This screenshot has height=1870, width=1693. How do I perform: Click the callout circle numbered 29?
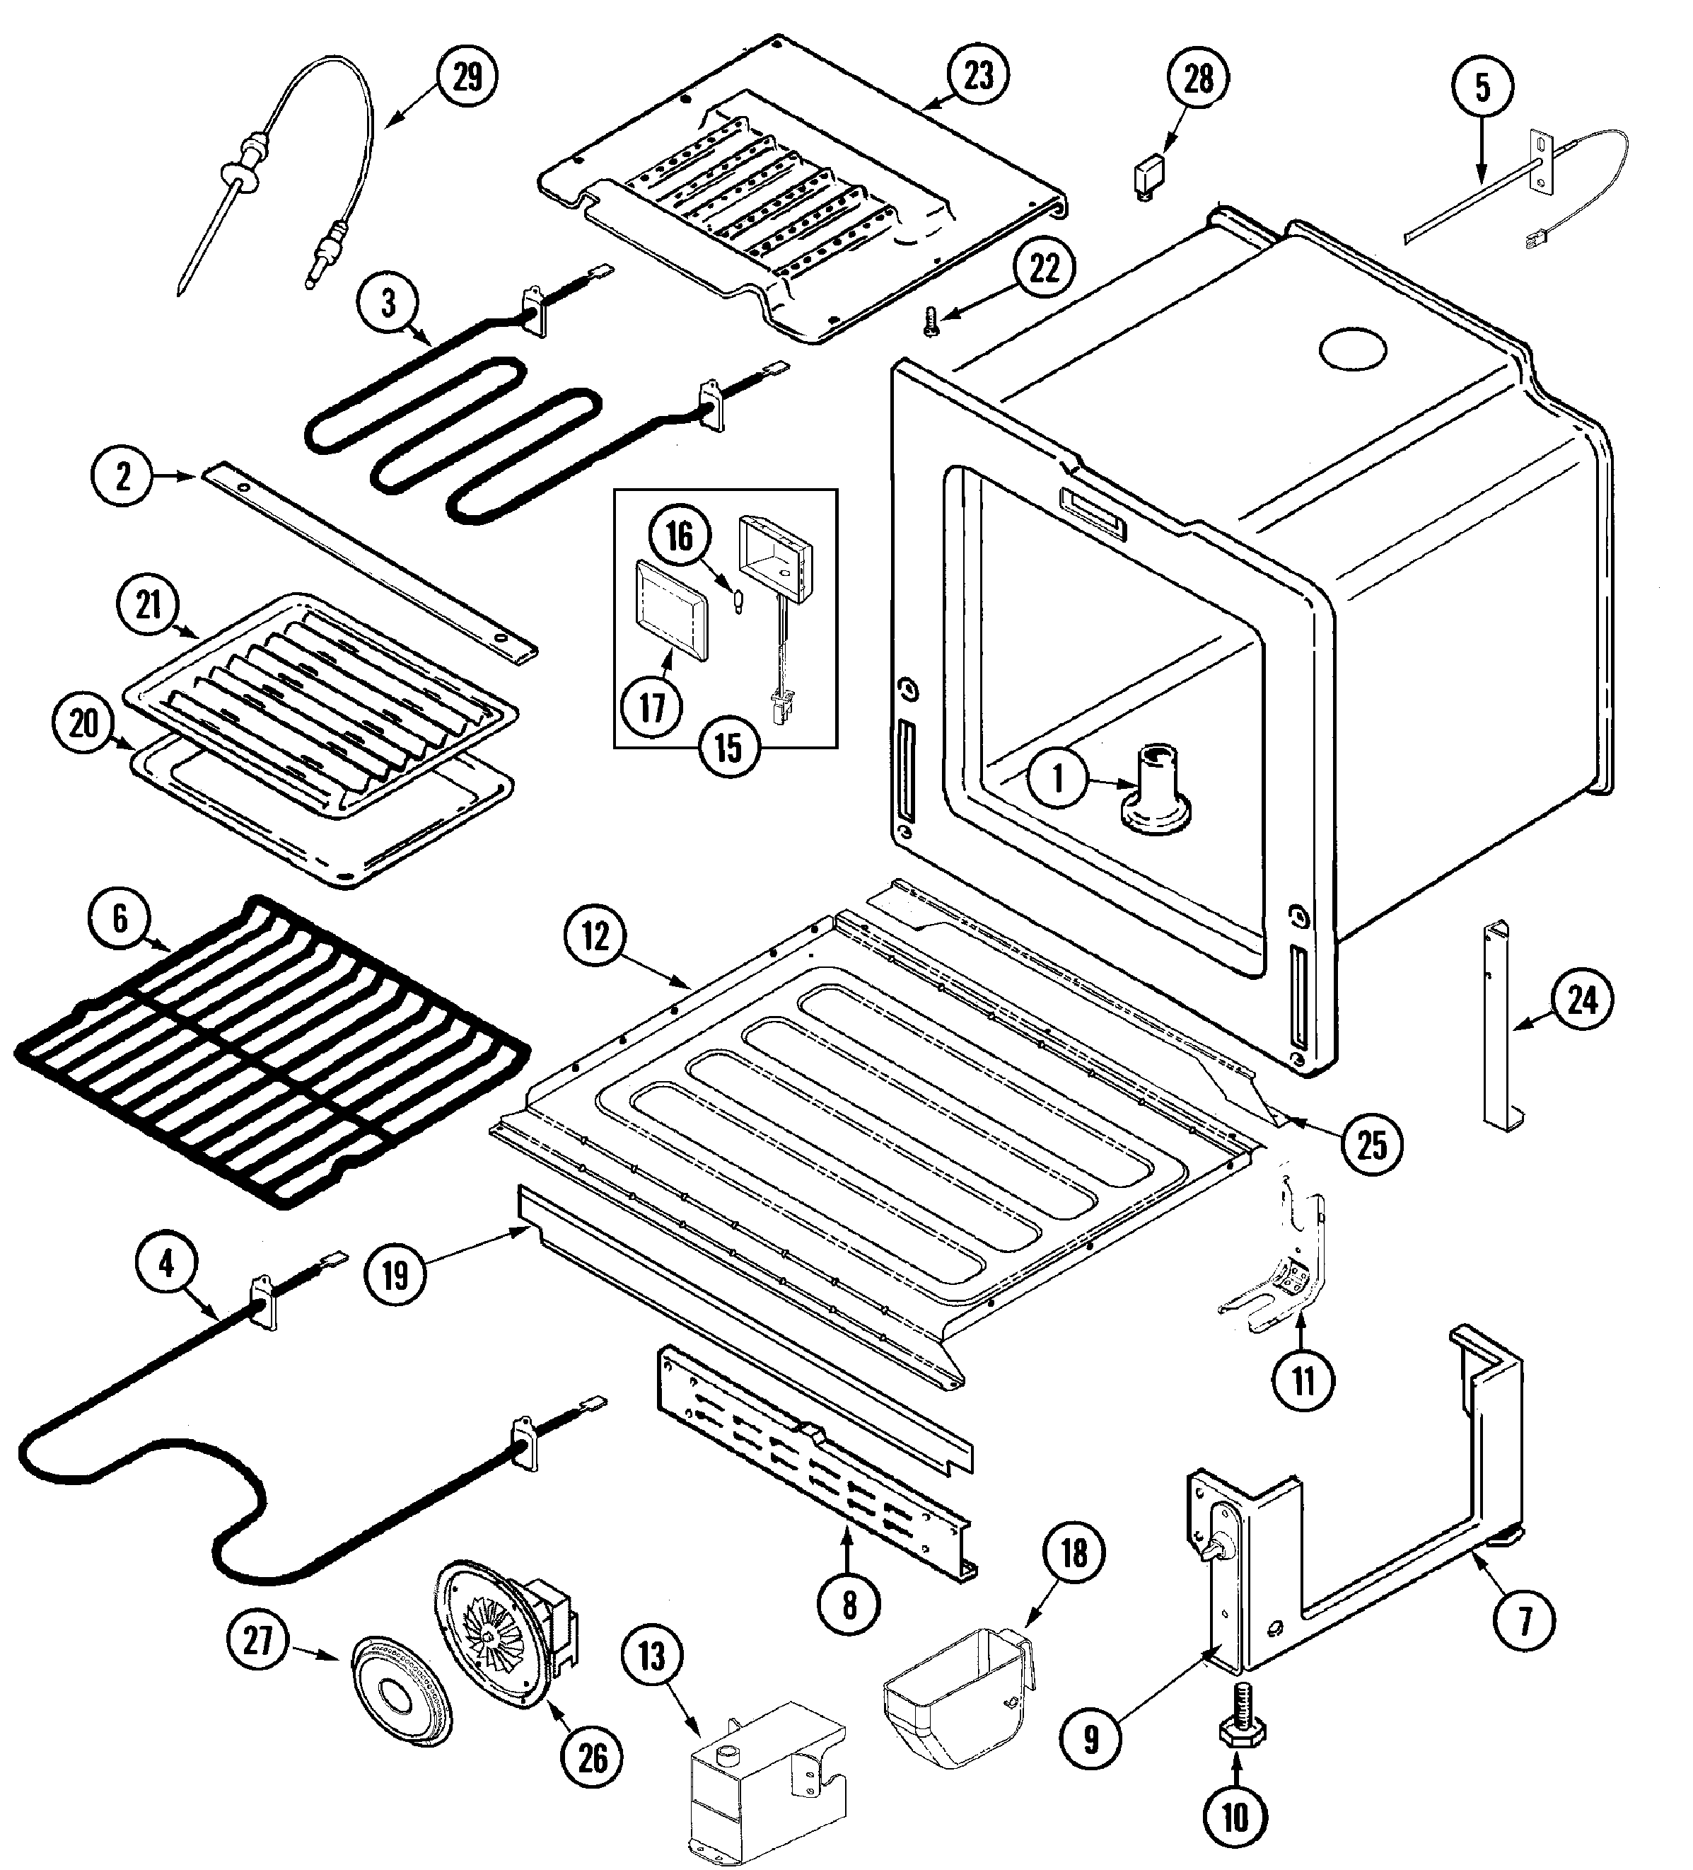466,78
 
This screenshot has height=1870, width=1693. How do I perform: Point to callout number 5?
1482,88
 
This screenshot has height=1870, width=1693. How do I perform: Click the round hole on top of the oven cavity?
1353,350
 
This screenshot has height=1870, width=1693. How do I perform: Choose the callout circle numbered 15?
728,746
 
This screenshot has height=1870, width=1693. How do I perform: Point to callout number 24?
1583,1001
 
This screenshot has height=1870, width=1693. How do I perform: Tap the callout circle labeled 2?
122,477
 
